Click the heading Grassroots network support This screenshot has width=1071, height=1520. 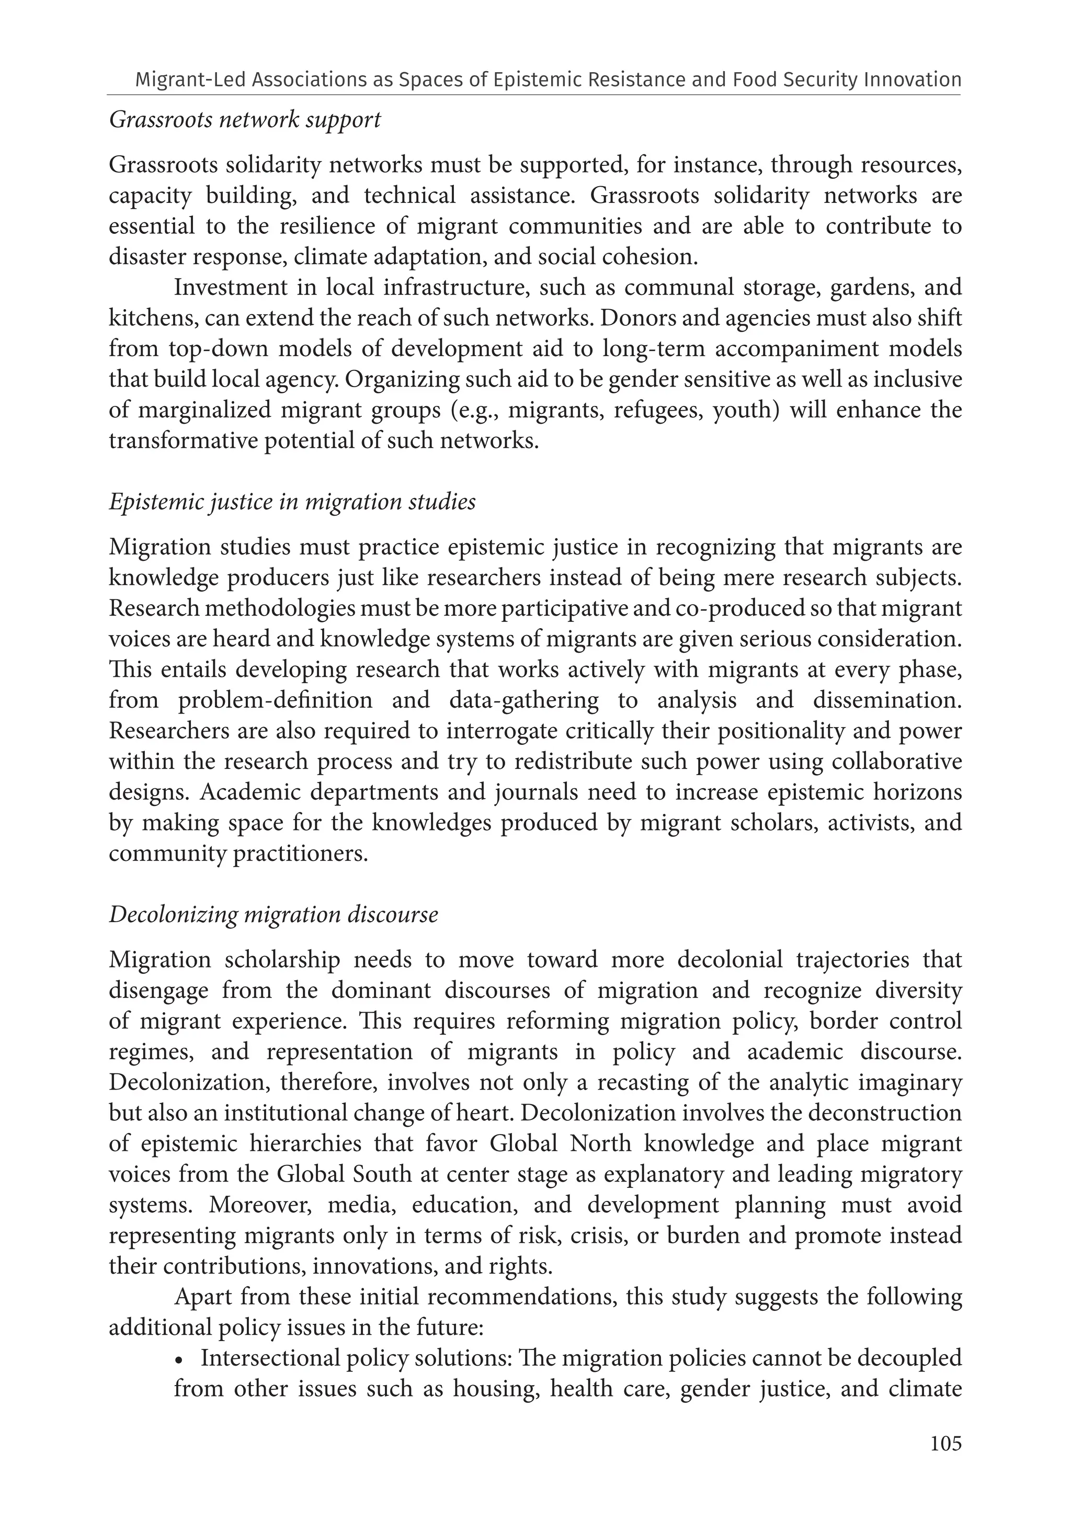pos(244,120)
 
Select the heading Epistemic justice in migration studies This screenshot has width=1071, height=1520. pos(292,501)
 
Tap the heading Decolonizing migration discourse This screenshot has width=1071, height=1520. pos(274,914)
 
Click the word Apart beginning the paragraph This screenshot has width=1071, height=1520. pos(203,1297)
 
